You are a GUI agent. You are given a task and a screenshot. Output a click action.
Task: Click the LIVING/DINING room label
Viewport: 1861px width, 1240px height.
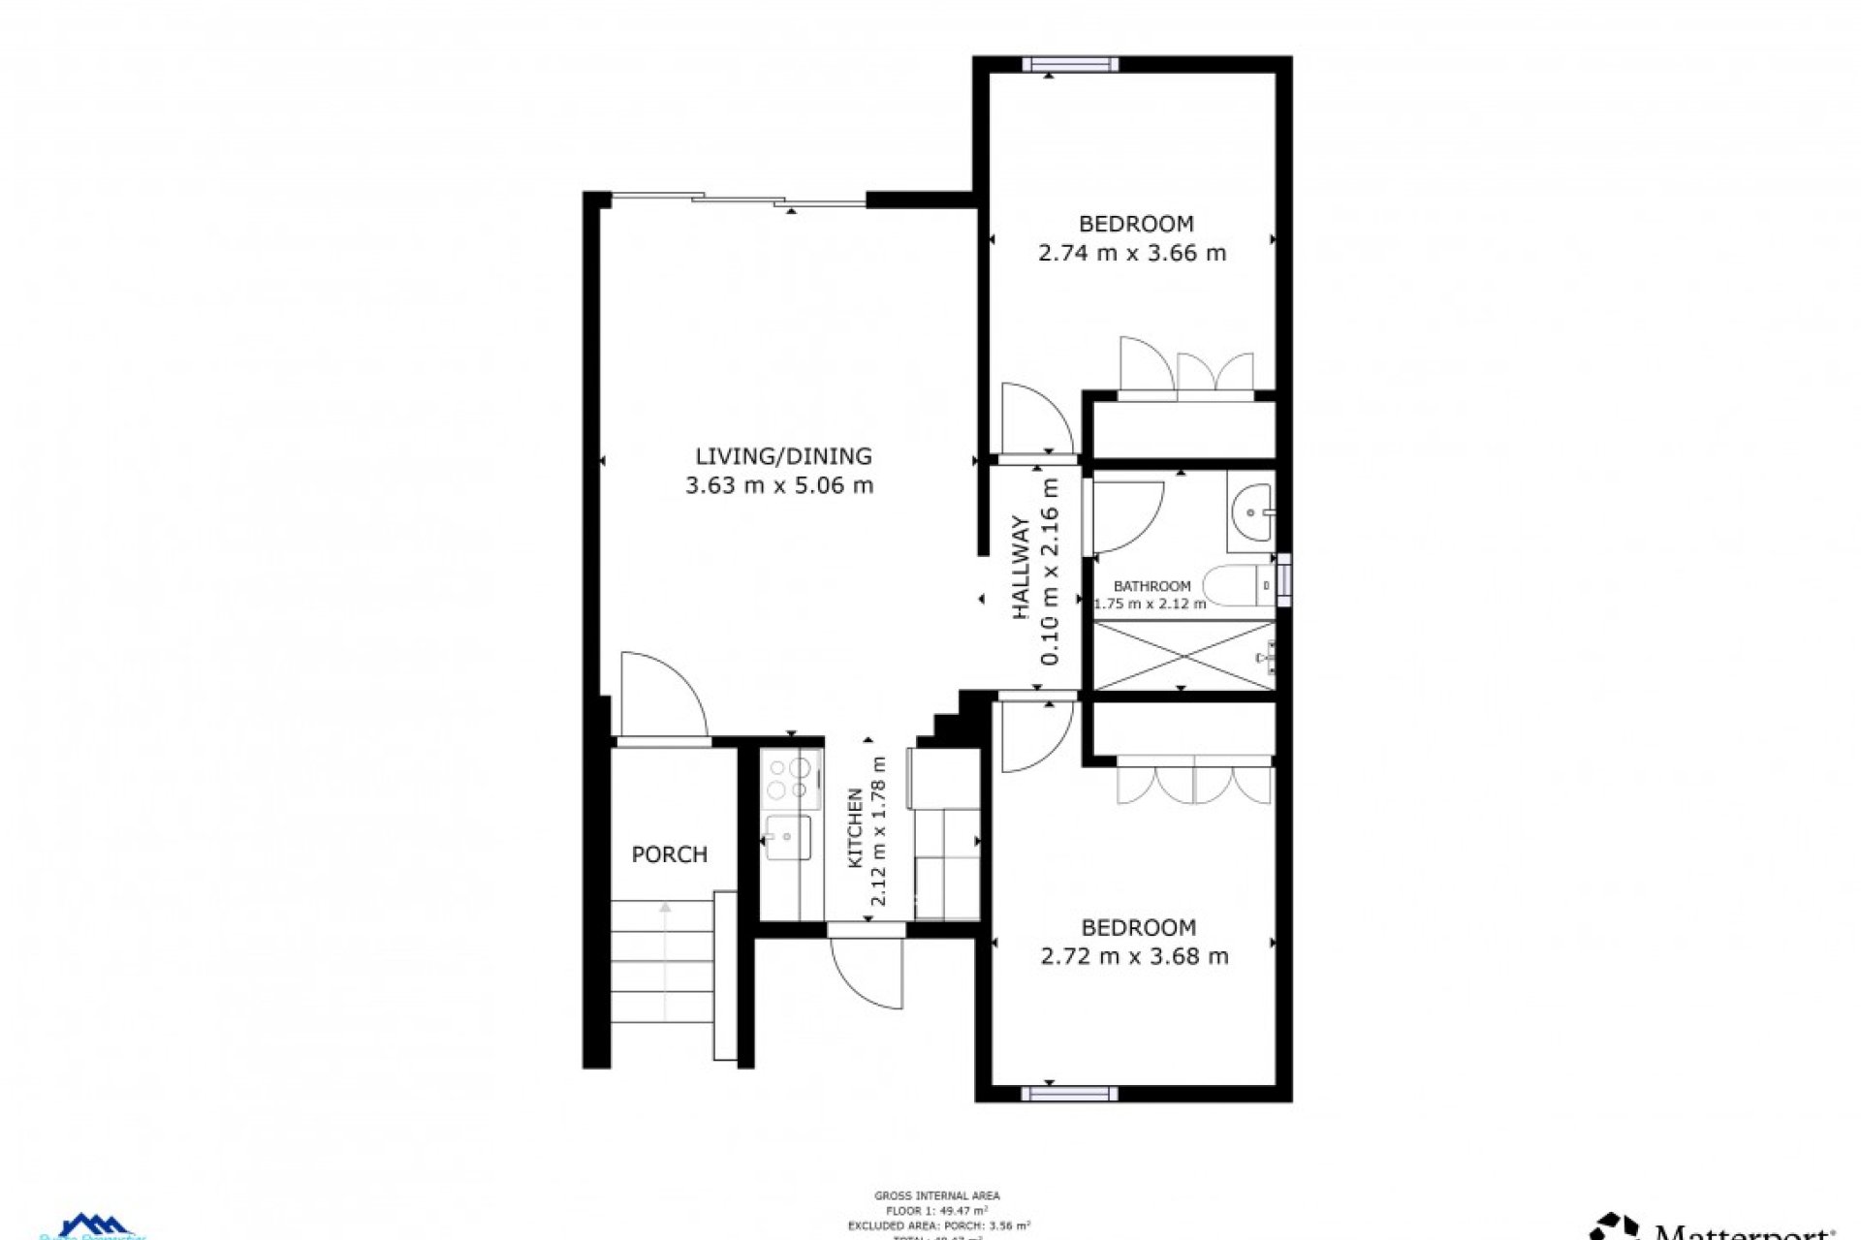783,455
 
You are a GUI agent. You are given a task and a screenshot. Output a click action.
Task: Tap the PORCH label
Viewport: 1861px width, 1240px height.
669,854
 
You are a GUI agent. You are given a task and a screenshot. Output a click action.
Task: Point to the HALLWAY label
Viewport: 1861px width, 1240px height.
1021,569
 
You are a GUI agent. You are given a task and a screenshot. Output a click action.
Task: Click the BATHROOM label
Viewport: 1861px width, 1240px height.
1151,586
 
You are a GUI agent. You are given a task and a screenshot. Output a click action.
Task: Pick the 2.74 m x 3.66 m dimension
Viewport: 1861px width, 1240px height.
1132,254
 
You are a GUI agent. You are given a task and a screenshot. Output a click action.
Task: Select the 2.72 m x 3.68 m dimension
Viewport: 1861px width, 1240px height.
1134,957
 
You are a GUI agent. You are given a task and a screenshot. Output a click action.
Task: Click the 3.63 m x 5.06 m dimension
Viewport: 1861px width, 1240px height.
779,485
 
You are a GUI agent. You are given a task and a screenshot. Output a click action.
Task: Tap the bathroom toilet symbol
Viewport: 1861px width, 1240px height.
1236,585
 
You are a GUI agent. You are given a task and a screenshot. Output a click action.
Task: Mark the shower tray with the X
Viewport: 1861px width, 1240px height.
1183,656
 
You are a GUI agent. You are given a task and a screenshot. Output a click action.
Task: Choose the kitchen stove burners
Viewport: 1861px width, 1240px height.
789,779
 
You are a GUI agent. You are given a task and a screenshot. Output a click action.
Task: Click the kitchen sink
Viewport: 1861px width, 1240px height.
788,838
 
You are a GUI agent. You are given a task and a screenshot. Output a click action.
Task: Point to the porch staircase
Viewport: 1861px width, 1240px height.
665,978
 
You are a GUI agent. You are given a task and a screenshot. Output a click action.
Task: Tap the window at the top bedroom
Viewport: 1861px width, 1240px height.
1069,65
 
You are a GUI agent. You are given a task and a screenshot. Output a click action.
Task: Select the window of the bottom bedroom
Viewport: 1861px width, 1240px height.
1069,1094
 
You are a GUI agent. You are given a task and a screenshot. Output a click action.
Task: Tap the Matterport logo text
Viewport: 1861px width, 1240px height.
1745,1230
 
